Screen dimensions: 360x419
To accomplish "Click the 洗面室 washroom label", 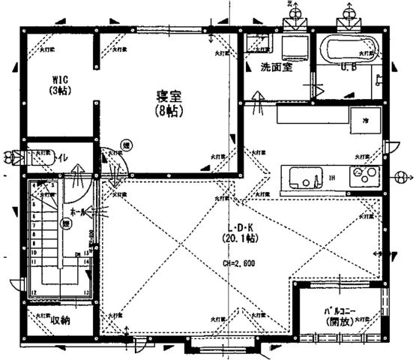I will coord(277,67).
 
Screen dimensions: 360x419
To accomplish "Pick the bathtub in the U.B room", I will coord(351,50).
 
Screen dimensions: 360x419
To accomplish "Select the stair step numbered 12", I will coord(34,292).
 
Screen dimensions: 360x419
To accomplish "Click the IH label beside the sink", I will coord(331,178).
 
